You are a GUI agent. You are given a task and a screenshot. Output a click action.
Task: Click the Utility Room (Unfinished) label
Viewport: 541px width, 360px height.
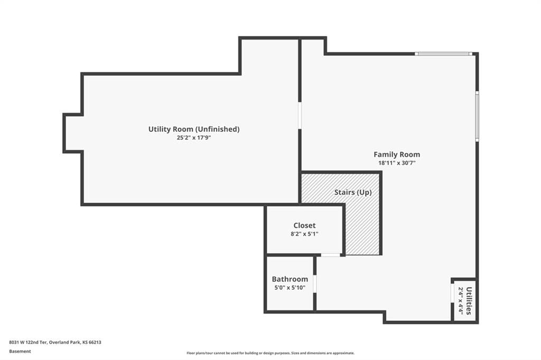tap(194, 129)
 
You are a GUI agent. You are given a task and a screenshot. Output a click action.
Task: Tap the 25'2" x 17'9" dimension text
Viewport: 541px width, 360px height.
tap(194, 138)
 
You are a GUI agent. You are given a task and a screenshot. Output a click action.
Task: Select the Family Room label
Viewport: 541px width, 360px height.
tap(397, 155)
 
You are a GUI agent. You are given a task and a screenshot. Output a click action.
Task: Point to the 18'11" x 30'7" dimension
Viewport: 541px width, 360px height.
tap(397, 163)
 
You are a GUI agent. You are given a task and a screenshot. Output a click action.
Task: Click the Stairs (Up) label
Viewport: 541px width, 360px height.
tap(353, 193)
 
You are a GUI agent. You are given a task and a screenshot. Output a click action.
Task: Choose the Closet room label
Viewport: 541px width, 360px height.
tap(304, 225)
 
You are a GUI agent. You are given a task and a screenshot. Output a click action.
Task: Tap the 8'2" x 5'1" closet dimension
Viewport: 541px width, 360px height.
tap(304, 234)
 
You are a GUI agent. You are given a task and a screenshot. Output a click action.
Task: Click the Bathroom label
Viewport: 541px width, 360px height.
tap(290, 279)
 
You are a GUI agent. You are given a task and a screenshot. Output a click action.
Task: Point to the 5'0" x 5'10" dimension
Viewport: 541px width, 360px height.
tap(290, 288)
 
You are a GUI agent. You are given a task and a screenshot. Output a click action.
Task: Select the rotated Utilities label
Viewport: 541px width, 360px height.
tap(469, 301)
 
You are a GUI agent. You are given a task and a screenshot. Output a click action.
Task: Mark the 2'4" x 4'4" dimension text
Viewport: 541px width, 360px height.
tap(460, 300)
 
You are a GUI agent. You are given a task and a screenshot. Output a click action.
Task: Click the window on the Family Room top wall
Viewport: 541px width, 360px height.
tap(443, 54)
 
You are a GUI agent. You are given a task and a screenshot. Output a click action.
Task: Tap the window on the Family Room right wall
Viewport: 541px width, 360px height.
tap(477, 116)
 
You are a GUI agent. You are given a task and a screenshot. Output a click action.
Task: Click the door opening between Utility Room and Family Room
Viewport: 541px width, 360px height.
tap(300, 116)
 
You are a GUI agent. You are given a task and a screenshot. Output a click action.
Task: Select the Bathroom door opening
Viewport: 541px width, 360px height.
tap(315, 284)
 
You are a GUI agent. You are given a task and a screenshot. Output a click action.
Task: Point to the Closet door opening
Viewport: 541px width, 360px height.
tap(331, 255)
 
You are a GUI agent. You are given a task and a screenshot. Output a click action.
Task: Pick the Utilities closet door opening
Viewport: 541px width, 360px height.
tap(452, 293)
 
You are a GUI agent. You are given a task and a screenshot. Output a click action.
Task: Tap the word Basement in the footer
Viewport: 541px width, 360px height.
tap(20, 352)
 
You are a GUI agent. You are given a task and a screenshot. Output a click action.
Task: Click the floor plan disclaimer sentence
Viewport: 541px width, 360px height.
tap(270, 353)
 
